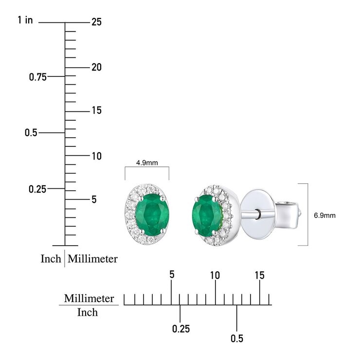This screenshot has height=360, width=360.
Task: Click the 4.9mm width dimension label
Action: pos(147,163)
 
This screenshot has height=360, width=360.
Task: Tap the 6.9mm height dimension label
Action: pos(324,216)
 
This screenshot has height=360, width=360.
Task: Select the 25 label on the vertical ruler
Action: pos(96,22)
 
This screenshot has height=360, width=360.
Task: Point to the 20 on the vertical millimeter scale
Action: pos(96,67)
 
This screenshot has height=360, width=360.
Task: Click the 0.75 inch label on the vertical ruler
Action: pos(37,77)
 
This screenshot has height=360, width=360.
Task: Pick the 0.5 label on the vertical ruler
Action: pos(31,133)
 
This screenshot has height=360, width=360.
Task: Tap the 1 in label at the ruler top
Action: pos(25,20)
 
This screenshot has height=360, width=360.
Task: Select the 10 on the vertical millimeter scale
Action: pos(97,156)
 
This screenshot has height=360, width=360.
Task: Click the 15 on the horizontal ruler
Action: pos(260,275)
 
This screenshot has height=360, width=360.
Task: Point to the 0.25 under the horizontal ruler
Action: pos(181,329)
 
